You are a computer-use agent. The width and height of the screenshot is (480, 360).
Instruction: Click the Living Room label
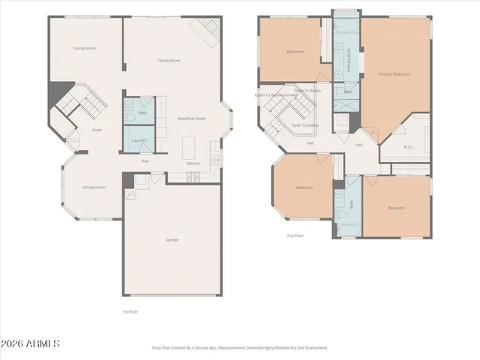(x=84, y=49)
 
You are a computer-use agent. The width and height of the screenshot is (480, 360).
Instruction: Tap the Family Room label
(x=168, y=61)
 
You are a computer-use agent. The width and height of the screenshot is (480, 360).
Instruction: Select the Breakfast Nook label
(x=191, y=118)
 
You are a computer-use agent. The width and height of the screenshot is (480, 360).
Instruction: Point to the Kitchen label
(x=193, y=163)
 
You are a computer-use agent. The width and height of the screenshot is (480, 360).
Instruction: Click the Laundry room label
(x=138, y=140)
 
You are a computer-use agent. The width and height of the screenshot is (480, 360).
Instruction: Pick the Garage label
(x=172, y=240)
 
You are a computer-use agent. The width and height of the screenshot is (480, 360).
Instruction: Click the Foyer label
(x=97, y=130)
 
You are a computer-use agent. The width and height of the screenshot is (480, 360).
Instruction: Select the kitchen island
(x=188, y=144)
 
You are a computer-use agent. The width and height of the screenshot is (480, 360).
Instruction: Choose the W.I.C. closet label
(x=408, y=147)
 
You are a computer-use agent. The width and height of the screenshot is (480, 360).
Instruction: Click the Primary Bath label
(x=348, y=61)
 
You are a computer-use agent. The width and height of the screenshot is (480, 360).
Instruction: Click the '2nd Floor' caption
(x=295, y=235)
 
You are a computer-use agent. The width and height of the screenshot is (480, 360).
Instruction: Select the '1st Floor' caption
(x=130, y=311)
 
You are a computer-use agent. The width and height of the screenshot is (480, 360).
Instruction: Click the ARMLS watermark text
(x=30, y=343)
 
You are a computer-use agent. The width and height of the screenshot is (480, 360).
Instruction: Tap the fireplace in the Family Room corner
(x=205, y=31)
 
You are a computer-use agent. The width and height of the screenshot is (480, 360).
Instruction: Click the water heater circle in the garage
(x=129, y=194)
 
